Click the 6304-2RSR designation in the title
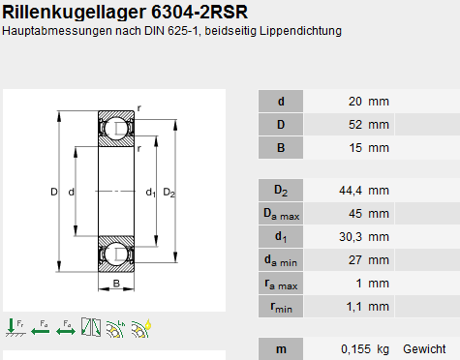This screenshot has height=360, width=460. (x=199, y=13)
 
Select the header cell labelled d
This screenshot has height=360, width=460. (x=281, y=102)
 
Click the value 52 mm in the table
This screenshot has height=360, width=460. (x=369, y=125)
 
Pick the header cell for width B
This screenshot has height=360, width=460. (x=281, y=148)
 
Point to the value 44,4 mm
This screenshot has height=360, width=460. (x=364, y=191)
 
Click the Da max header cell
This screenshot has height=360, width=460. (x=281, y=214)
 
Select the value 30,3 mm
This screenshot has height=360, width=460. (x=364, y=237)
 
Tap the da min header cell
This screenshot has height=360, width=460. (x=281, y=260)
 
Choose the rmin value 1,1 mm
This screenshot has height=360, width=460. (x=368, y=307)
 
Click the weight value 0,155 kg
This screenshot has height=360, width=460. (x=365, y=349)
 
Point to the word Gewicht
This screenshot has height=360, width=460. (x=424, y=349)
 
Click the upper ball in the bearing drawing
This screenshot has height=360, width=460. (x=115, y=128)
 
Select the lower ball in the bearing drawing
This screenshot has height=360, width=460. (x=115, y=254)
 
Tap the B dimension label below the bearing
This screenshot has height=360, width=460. (x=116, y=284)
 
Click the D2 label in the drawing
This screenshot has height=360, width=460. (x=169, y=193)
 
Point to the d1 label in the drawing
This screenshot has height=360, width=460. (x=150, y=193)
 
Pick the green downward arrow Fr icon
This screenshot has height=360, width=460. (x=15, y=328)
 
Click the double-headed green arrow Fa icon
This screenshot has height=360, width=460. (x=66, y=328)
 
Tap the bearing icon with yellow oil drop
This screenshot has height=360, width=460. (x=141, y=328)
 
